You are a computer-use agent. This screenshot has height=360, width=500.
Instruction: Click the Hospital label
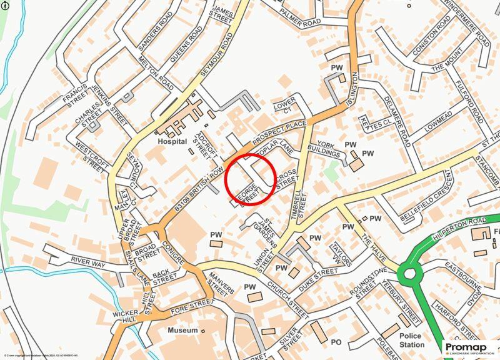coord(172,142)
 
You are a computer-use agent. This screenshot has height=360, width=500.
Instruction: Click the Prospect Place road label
coord(278,133)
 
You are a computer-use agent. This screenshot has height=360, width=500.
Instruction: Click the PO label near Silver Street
coord(336,342)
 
